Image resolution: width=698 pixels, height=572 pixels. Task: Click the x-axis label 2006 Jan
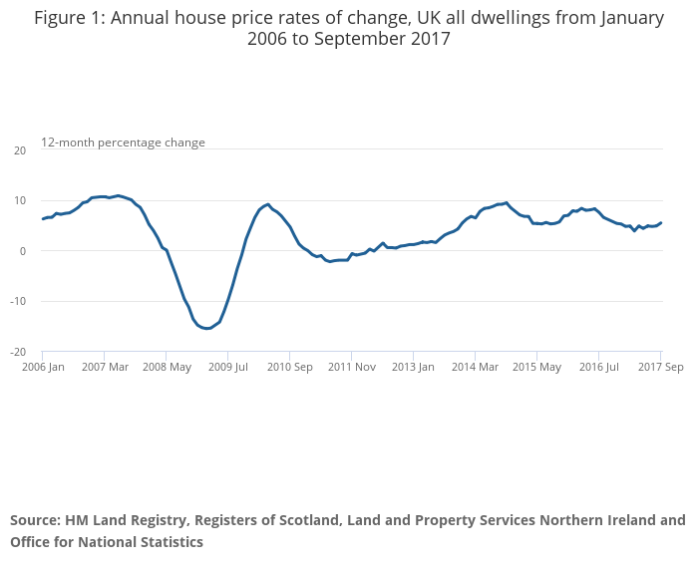43,367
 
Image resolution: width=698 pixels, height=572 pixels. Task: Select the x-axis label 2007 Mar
106,367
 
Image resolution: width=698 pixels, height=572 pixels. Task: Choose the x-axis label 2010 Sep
289,367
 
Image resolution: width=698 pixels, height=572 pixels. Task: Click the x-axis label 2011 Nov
351,367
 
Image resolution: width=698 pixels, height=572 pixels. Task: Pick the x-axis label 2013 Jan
413,367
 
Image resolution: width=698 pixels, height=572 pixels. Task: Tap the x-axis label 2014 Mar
475,367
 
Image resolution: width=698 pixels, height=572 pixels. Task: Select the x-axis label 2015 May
536,367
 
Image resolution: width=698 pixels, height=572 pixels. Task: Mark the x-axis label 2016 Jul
598,367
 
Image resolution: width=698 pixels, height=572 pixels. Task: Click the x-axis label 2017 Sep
661,367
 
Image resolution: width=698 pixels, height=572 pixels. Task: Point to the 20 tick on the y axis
19,150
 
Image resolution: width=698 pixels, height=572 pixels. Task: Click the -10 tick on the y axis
17,302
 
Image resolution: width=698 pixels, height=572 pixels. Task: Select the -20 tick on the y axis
17,352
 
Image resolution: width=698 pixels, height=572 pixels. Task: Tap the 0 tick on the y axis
22,251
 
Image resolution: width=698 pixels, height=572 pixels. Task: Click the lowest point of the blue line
206,328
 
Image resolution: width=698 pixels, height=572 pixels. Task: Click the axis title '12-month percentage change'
123,143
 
